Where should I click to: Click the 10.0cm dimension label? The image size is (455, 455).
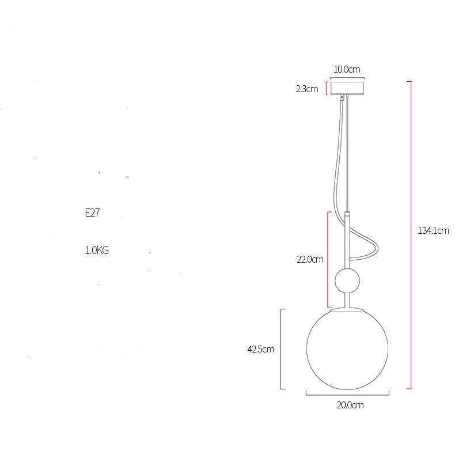(347, 69)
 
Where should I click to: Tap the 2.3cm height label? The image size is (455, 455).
(307, 89)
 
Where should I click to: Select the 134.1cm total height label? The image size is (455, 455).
(433, 230)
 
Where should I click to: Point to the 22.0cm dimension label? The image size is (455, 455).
(310, 259)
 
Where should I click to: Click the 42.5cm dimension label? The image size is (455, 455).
(260, 349)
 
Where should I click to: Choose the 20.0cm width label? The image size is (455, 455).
(350, 405)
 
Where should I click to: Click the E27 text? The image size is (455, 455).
(92, 213)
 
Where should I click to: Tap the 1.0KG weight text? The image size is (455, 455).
(97, 250)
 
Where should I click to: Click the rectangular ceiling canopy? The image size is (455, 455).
(347, 88)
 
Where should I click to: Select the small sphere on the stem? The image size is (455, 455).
(347, 281)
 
